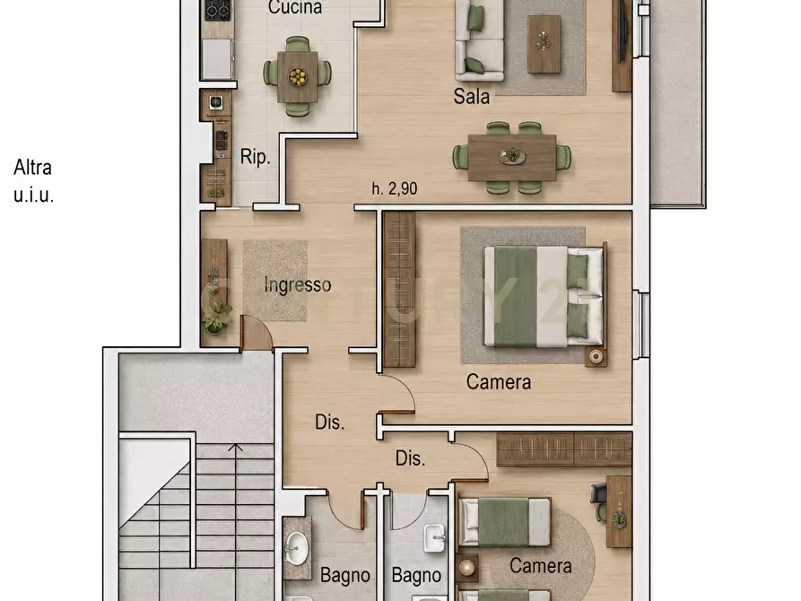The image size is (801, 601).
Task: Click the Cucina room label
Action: click(295, 7)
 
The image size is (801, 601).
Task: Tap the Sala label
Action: click(471, 96)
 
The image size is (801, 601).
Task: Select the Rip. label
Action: click(255, 156)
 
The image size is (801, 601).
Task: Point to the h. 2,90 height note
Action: click(395, 188)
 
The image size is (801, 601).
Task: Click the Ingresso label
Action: click(297, 284)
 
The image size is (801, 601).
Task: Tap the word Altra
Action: click(32, 167)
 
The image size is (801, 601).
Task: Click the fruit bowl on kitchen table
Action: click(297, 77)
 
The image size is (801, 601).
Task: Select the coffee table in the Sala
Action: click(544, 44)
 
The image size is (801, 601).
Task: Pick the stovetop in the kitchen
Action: click(218, 10)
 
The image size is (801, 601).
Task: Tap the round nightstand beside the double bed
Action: click(596, 356)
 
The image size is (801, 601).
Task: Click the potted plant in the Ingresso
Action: click(216, 317)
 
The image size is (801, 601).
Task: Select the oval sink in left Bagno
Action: click(296, 548)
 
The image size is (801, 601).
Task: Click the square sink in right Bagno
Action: click(435, 537)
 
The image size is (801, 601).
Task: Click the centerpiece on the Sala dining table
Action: click(512, 156)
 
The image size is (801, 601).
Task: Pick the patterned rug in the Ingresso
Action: click(274, 281)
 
